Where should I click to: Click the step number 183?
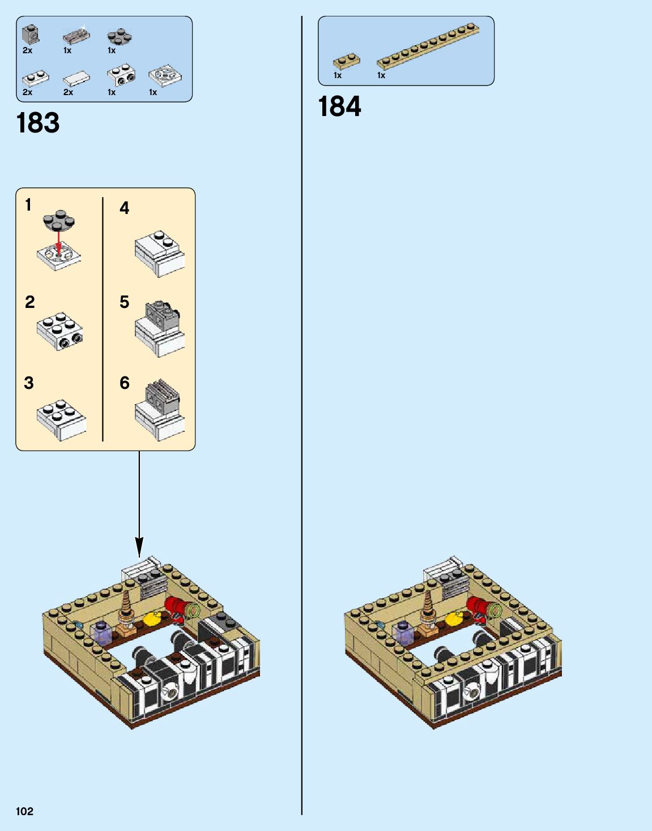[38, 123]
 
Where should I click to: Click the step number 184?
[339, 106]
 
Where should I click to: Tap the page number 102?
[24, 811]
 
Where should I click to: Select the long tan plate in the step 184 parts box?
[428, 45]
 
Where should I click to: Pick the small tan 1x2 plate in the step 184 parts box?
[346, 61]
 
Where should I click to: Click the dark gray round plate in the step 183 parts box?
[120, 37]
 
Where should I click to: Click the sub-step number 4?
[125, 208]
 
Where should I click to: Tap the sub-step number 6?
[125, 383]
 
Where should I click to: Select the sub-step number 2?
[30, 302]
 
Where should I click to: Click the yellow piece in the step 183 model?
[151, 619]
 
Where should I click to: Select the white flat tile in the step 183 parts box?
[76, 78]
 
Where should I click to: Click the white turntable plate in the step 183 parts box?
[164, 75]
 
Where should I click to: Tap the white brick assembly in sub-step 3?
[61, 420]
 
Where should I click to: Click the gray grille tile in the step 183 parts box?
[76, 37]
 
